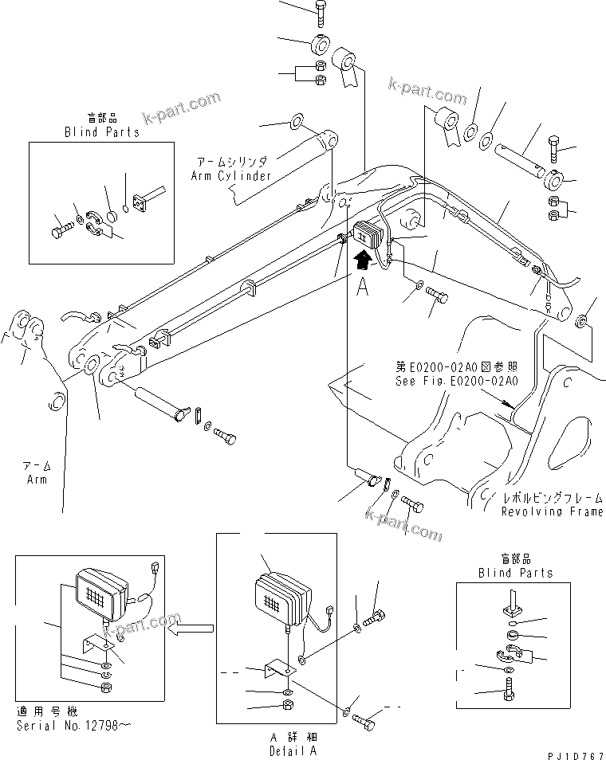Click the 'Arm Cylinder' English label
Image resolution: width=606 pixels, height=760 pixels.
(231, 175)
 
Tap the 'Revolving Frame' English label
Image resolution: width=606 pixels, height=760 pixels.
(552, 511)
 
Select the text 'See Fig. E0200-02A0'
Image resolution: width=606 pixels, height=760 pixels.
(456, 381)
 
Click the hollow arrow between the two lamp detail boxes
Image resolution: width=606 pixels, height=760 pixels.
(189, 629)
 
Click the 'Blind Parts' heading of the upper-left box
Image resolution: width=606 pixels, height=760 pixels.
(102, 131)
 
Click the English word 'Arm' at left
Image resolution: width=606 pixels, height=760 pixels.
(37, 480)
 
